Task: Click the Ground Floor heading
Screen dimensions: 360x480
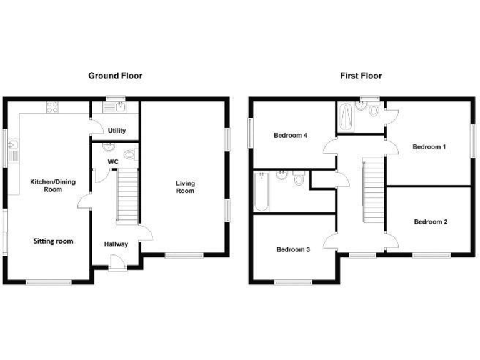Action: (115, 76)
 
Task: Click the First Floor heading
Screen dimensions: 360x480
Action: (361, 76)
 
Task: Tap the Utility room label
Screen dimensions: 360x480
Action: (117, 131)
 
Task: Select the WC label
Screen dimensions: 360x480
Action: (113, 162)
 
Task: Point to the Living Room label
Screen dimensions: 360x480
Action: (185, 187)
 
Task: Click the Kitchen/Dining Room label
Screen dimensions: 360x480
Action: (53, 185)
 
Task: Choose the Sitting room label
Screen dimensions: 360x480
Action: (53, 241)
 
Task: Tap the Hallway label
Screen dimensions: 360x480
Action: (116, 244)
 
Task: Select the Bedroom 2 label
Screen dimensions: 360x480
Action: (430, 221)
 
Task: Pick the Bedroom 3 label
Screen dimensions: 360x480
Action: (293, 249)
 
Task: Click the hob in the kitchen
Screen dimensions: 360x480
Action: (52, 107)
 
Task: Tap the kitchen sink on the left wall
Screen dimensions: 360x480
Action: (13, 148)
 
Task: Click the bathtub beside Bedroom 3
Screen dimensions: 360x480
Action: (261, 190)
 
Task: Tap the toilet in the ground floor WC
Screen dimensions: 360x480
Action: (130, 154)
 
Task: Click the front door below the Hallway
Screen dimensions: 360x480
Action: (116, 267)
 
